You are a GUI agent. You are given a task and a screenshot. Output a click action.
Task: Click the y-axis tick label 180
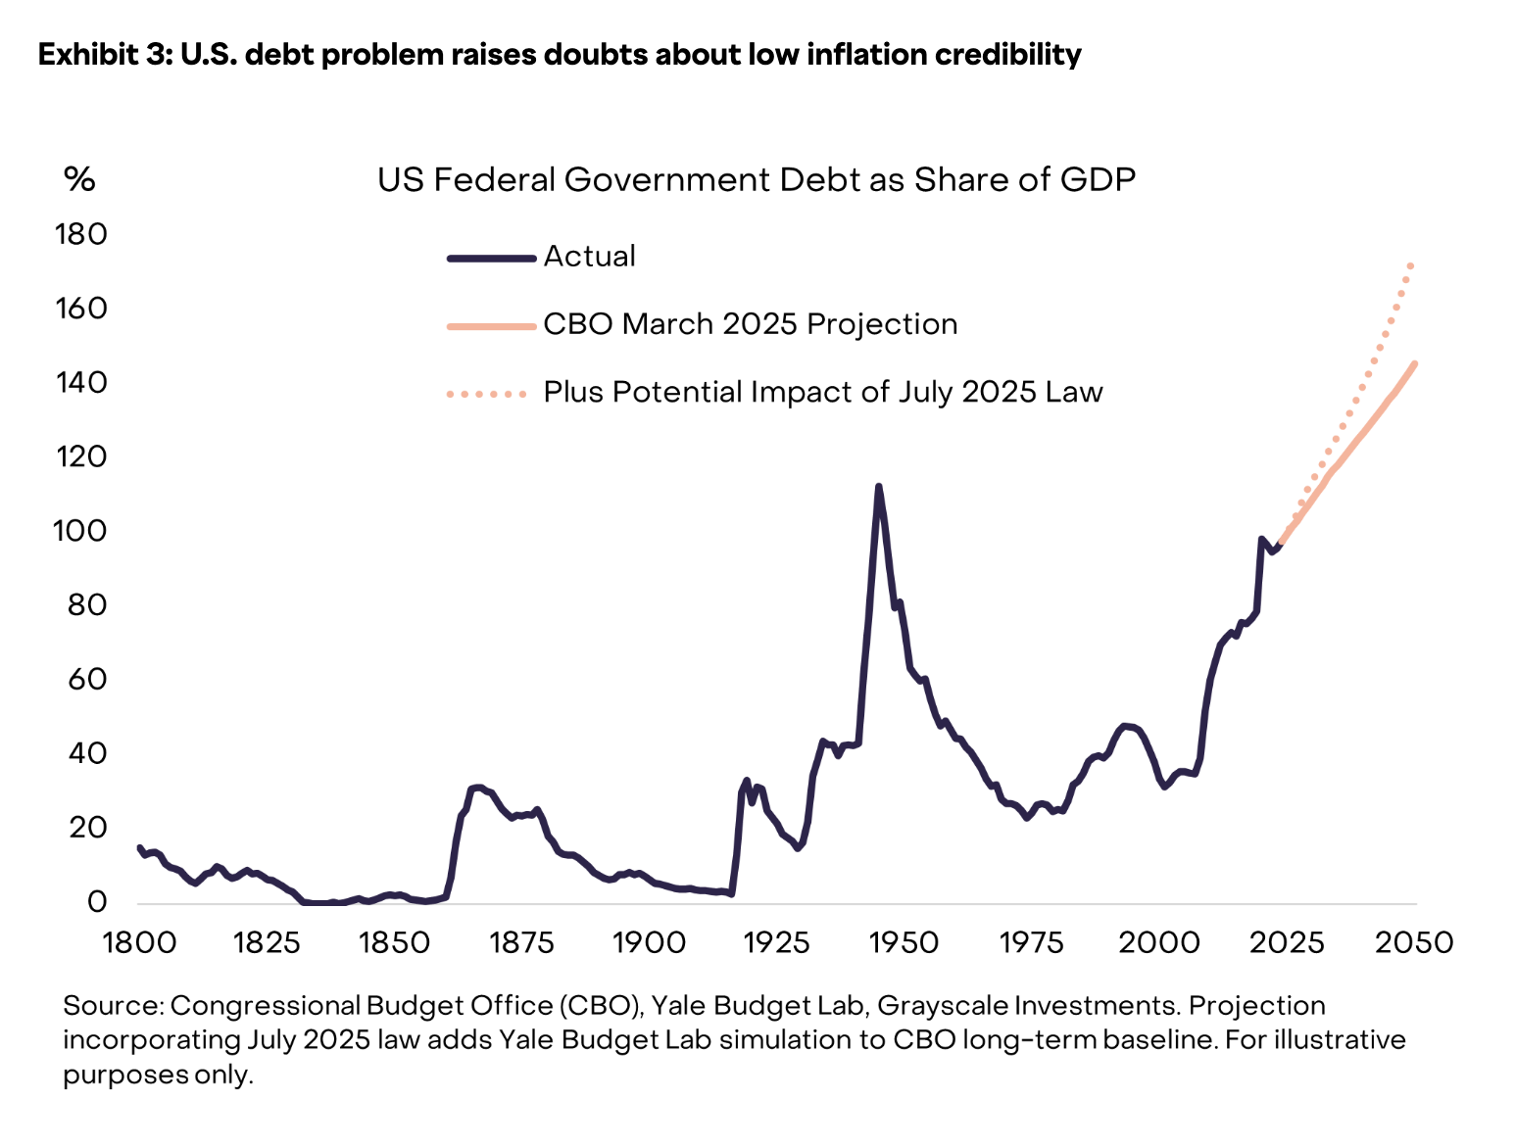81,234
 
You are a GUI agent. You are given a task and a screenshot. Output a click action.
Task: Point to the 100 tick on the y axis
81,531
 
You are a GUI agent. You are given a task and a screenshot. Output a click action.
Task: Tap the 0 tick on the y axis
96,901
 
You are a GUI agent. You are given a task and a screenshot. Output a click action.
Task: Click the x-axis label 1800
139,942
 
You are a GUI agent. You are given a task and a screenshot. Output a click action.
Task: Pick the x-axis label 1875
521,942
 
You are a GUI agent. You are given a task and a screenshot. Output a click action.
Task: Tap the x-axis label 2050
1413,942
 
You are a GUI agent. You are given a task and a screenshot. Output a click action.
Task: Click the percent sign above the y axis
79,179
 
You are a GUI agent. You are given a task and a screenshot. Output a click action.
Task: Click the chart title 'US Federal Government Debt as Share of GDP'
757,180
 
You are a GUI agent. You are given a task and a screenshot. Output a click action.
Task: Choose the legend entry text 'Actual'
589,257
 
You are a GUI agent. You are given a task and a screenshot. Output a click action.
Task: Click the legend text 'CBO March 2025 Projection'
750,324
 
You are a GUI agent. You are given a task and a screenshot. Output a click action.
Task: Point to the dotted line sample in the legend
487,394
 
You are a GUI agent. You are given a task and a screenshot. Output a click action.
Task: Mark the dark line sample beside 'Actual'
491,259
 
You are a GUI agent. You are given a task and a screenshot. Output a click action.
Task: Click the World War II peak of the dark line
878,487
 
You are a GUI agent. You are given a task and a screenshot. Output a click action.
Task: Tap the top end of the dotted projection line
1411,265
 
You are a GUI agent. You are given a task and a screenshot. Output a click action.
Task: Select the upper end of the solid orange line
1415,364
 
